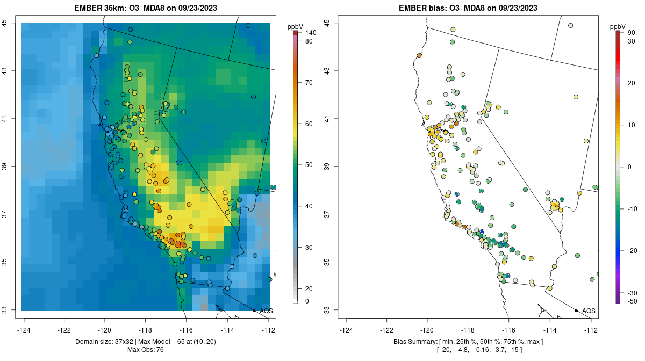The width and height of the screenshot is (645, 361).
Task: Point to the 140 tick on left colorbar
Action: tap(310, 33)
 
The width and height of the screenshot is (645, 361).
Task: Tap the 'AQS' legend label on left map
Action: tap(266, 311)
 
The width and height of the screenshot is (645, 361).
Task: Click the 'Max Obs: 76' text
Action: tap(146, 350)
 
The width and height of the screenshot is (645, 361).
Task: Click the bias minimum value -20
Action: tap(446, 350)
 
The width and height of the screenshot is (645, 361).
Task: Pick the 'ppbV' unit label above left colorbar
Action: tap(295, 26)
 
